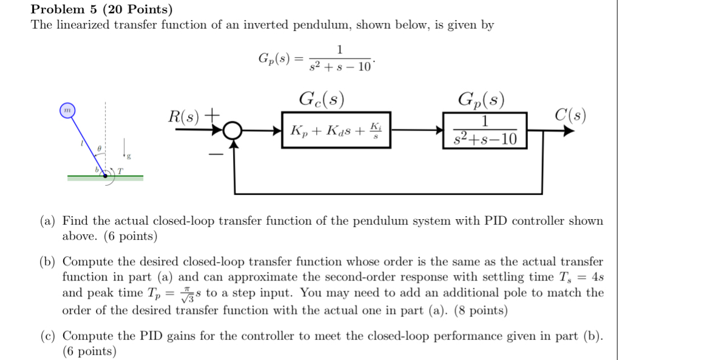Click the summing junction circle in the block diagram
tap(233, 130)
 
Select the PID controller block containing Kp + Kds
tap(335, 130)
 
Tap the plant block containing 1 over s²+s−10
tap(485, 130)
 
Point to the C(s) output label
tap(570, 115)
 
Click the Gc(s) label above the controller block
tap(322, 99)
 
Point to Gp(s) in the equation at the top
tap(275, 59)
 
